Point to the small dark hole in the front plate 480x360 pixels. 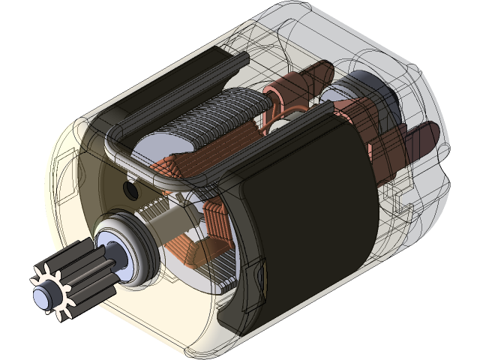click(132, 191)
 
